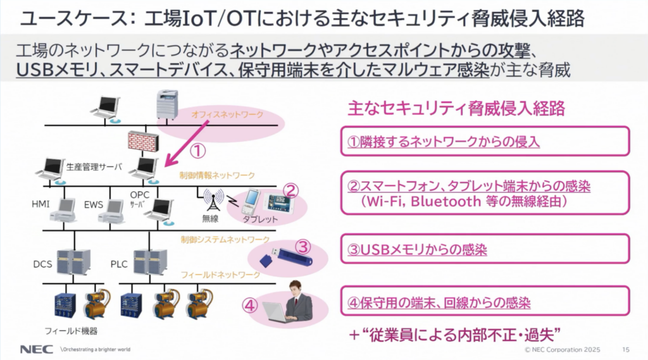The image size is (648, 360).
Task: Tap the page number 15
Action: (626, 349)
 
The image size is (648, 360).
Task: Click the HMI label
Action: (40, 205)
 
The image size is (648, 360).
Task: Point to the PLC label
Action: (119, 263)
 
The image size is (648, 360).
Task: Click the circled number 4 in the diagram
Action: (250, 306)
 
